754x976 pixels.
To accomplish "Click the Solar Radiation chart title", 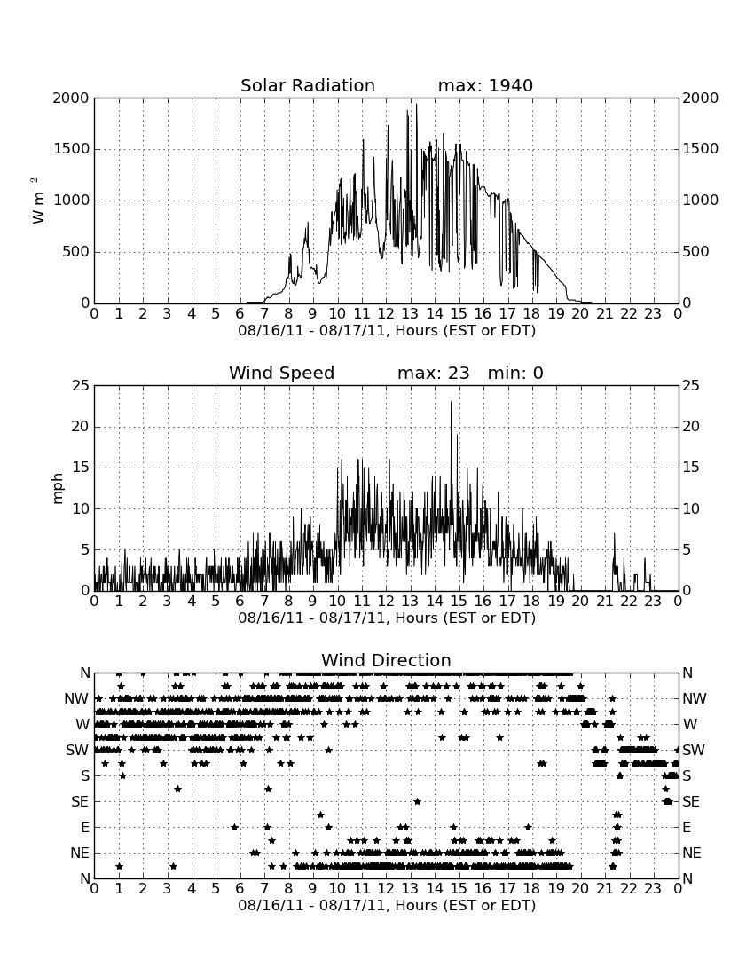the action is point(308,85).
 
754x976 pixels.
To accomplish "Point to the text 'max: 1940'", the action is point(485,85).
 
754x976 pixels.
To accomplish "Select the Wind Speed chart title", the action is point(282,373).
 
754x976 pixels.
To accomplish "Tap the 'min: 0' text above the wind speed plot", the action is point(515,373).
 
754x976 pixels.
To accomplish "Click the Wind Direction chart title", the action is point(386,660).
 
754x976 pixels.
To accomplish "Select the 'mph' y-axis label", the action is point(58,489).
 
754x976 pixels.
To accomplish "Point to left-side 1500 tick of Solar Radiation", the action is point(72,149).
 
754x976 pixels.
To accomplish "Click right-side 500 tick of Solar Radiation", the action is point(696,252).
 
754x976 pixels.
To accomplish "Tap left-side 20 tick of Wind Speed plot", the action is point(82,427).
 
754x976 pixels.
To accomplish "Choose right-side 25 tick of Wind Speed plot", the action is point(691,386).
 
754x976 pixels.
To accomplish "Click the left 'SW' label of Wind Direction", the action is point(77,750).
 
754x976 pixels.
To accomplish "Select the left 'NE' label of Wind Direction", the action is point(80,854).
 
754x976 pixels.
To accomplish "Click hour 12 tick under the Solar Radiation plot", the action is point(386,314).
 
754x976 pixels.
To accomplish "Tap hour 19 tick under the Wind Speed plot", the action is point(556,602).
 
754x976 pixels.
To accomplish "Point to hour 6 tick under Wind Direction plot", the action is point(240,889).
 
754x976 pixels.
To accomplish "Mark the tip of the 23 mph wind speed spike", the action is point(451,402).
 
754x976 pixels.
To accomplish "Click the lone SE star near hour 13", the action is point(418,802).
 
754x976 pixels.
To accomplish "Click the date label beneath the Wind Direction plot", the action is point(387,905).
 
